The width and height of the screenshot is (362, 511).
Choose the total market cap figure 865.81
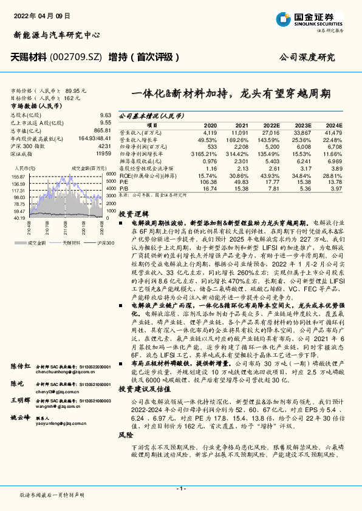pyautogui.click(x=102, y=130)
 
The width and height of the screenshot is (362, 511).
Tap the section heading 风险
pyautogui.click(x=125, y=452)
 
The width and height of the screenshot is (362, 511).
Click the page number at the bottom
pyautogui.click(x=180, y=489)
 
